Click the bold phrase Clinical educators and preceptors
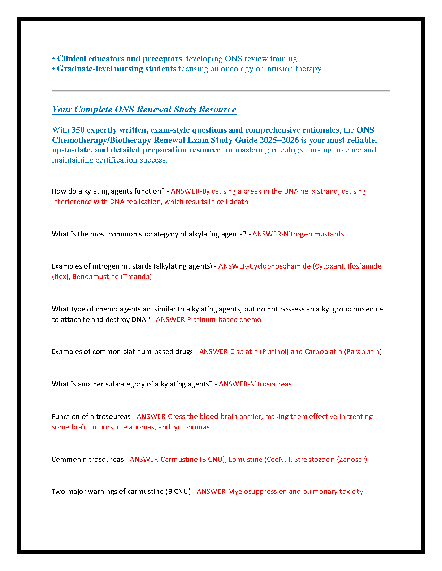(120, 59)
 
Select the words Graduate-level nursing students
(117, 69)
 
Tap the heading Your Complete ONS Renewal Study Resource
(144, 110)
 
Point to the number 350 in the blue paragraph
(78, 130)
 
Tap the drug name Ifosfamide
(364, 266)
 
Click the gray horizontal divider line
(221, 91)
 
